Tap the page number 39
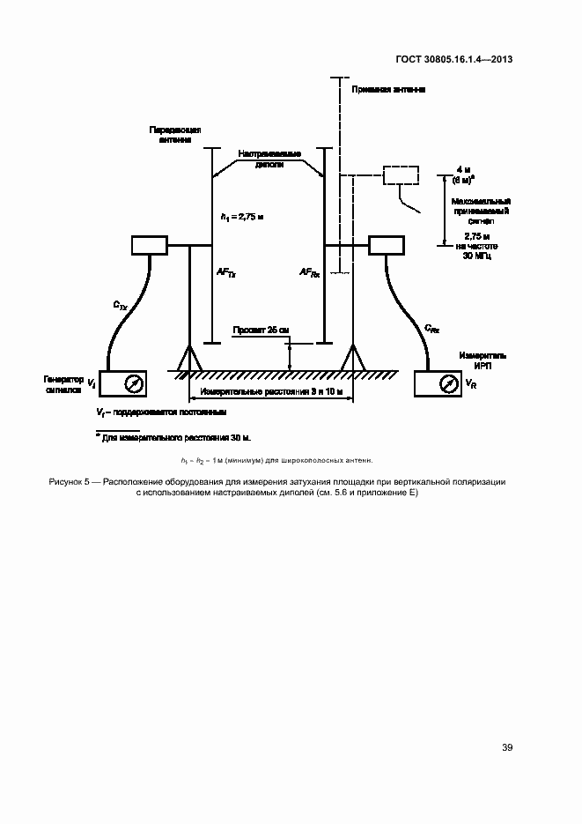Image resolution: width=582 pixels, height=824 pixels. (x=506, y=747)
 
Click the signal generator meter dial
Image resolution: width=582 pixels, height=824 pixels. (x=133, y=383)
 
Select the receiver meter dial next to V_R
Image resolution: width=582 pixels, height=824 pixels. (x=447, y=383)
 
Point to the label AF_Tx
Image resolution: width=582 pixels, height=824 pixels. (x=226, y=274)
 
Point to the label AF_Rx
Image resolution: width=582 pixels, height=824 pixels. (x=309, y=274)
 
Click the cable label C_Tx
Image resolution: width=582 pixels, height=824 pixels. (x=121, y=305)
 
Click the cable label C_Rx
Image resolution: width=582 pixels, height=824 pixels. (x=431, y=328)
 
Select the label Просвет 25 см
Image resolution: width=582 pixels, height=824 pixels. (x=260, y=330)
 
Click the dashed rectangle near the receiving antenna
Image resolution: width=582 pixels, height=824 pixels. (x=402, y=174)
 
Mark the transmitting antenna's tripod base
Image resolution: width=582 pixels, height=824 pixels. (x=189, y=359)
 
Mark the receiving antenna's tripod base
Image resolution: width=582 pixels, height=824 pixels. (x=353, y=359)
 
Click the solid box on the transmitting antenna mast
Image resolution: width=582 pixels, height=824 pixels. (x=149, y=244)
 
